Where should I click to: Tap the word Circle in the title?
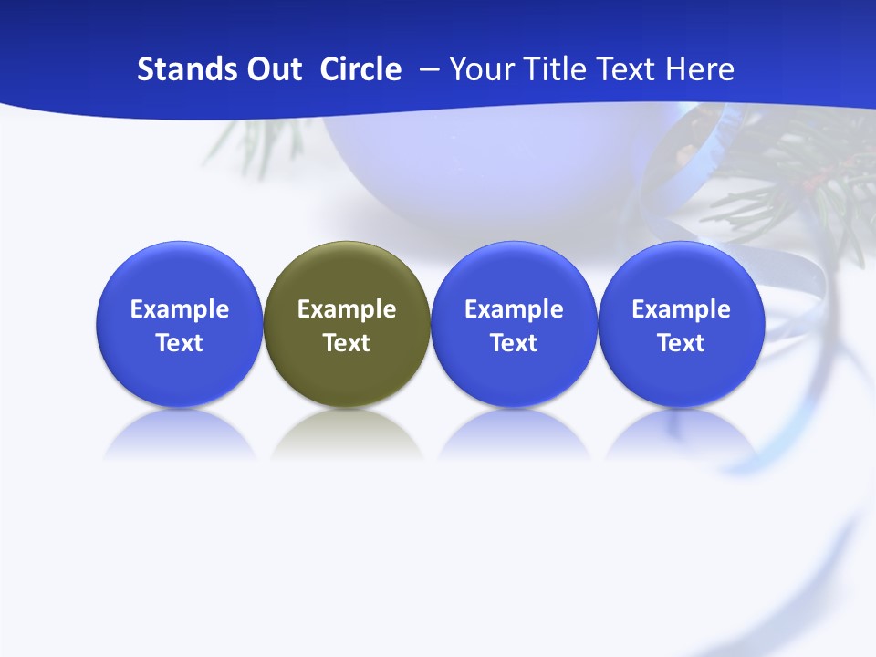360,69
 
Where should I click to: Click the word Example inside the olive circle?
347,309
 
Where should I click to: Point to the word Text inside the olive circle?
347,343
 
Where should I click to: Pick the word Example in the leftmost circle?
179,309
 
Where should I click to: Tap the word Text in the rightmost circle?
681,343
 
